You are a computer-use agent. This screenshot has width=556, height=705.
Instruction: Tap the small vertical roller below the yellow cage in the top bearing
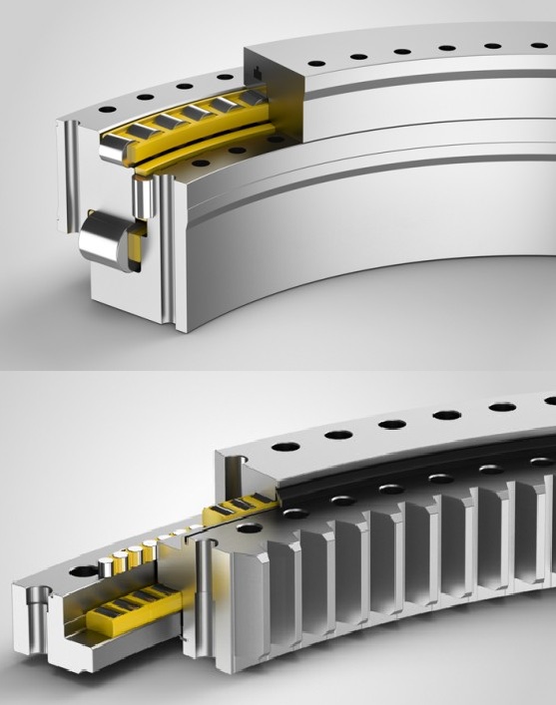coord(143,196)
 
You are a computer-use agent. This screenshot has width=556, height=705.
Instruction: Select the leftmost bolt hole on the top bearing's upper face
coord(106,112)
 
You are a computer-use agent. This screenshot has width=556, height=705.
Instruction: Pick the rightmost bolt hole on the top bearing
coord(539,43)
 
